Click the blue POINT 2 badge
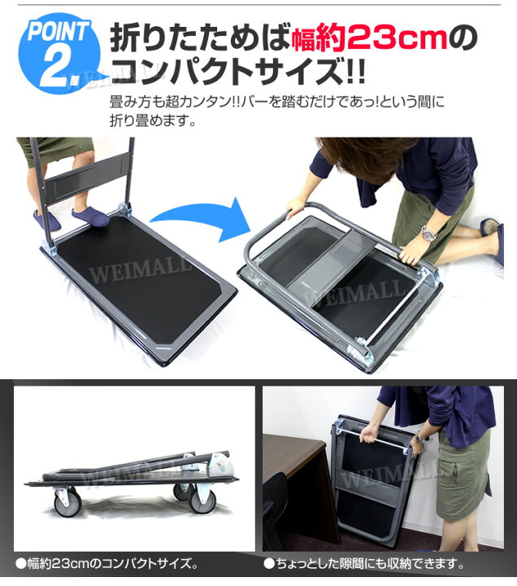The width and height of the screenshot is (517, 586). (x=59, y=52)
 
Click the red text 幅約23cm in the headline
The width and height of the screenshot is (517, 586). (x=369, y=39)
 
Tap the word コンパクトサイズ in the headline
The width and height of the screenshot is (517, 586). (x=227, y=71)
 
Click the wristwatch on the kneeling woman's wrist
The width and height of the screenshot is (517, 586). (x=428, y=234)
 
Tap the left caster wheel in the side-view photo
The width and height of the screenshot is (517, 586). (x=67, y=503)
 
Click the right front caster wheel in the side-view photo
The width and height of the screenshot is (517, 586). (x=202, y=500)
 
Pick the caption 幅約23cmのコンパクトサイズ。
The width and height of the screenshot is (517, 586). (x=106, y=563)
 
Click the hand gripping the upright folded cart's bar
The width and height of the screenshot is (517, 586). (x=368, y=434)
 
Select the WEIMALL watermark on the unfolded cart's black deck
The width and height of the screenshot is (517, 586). (x=140, y=269)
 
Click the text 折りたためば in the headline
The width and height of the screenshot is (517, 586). (x=201, y=39)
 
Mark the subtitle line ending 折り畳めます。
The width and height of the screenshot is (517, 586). (x=153, y=120)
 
